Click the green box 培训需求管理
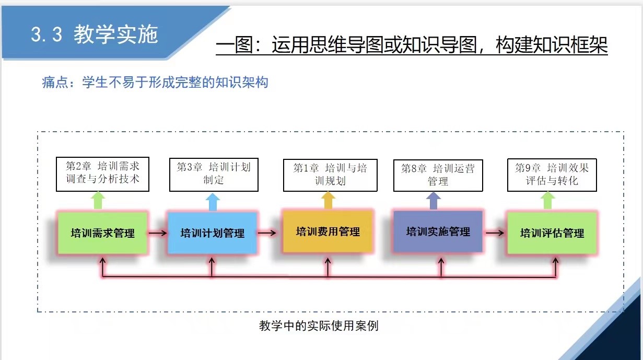[102, 233]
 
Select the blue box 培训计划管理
[212, 233]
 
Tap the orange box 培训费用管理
[328, 231]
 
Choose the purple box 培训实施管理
[438, 231]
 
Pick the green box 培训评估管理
[552, 233]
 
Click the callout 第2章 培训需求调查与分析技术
[102, 174]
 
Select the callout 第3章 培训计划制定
[214, 174]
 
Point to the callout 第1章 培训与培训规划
[330, 175]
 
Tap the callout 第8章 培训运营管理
[438, 175]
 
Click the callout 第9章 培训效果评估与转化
[552, 175]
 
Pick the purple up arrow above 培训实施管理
[434, 201]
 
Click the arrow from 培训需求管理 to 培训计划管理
[157, 233]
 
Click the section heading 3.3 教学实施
[94, 34]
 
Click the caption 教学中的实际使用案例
[319, 326]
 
